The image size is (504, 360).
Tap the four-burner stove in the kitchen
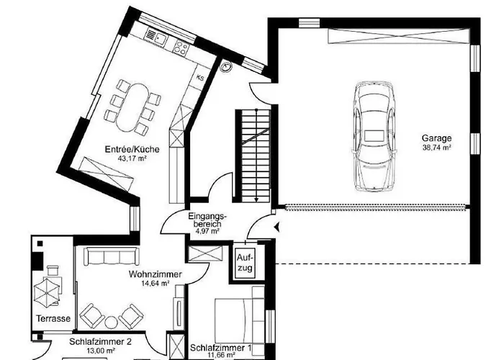(x=181, y=48)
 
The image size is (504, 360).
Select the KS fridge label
(x=201, y=77)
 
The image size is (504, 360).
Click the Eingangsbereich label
(x=207, y=220)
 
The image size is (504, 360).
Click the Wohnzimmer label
(x=155, y=275)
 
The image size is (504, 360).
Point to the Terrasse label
(x=53, y=318)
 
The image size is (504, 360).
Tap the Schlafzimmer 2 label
(x=100, y=342)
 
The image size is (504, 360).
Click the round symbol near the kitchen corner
(x=227, y=67)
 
